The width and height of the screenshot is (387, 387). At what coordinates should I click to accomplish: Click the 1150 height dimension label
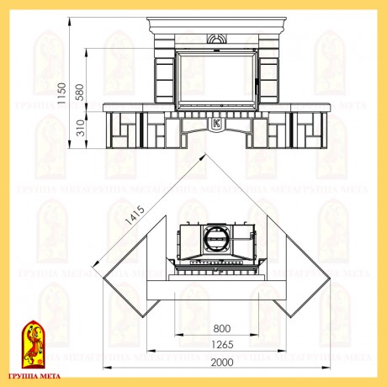pos(61,93)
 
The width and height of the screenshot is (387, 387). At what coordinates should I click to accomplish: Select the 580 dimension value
pos(79,92)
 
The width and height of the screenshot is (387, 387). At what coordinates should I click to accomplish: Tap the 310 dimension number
pos(81,128)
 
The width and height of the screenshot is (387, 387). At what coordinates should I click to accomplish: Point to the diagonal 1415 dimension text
pos(135,215)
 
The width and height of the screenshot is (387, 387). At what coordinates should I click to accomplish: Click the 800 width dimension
pos(222,328)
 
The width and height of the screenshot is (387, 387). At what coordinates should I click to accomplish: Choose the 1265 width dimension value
pos(222,344)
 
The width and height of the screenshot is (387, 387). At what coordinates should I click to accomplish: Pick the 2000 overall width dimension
pos(222,363)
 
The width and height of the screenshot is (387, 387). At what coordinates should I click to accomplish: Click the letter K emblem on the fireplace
pos(216,124)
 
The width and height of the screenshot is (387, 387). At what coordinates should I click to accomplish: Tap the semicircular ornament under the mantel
pos(216,39)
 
